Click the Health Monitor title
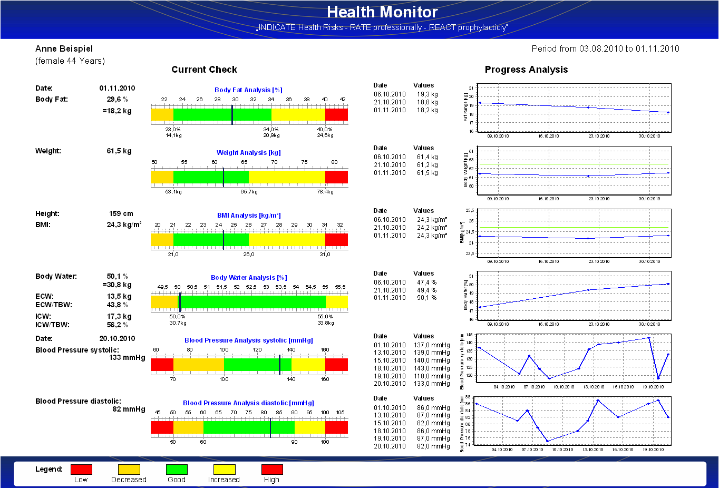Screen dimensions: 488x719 pyautogui.click(x=382, y=12)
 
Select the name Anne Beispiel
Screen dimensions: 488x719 pyautogui.click(x=64, y=49)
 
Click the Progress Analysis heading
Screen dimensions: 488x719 pyautogui.click(x=526, y=70)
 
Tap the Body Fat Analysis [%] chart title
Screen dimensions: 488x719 pyautogui.click(x=248, y=90)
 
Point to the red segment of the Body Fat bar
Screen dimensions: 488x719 pyautogui.click(x=336, y=114)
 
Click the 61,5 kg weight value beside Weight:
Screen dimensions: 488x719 pyautogui.click(x=119, y=151)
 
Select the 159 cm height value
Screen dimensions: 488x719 pyautogui.click(x=121, y=214)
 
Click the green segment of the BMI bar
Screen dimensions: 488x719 pyautogui.click(x=211, y=240)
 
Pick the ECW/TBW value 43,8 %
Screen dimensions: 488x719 pyautogui.click(x=118, y=305)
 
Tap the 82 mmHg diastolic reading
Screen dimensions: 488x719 pyautogui.click(x=129, y=409)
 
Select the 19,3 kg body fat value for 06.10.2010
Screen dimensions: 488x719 pyautogui.click(x=427, y=94)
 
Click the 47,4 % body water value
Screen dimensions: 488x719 pyautogui.click(x=427, y=282)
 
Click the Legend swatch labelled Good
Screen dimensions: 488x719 pyautogui.click(x=177, y=469)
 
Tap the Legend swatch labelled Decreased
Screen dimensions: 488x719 pyautogui.click(x=129, y=469)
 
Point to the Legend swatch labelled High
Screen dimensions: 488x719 pyautogui.click(x=272, y=469)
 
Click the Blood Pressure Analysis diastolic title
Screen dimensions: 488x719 pyautogui.click(x=248, y=403)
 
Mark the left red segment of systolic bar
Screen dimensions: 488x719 pyautogui.click(x=162, y=364)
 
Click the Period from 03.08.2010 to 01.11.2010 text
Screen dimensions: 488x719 pyautogui.click(x=605, y=49)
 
